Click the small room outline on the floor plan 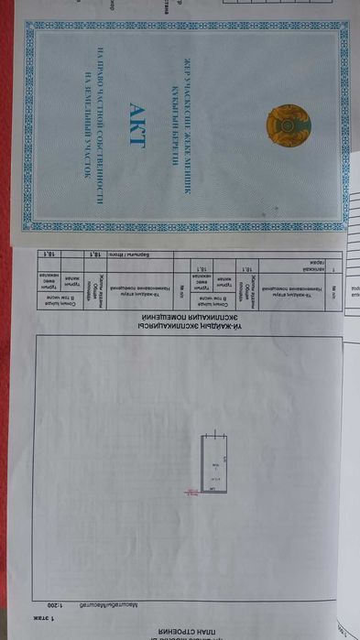(x=213, y=466)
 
